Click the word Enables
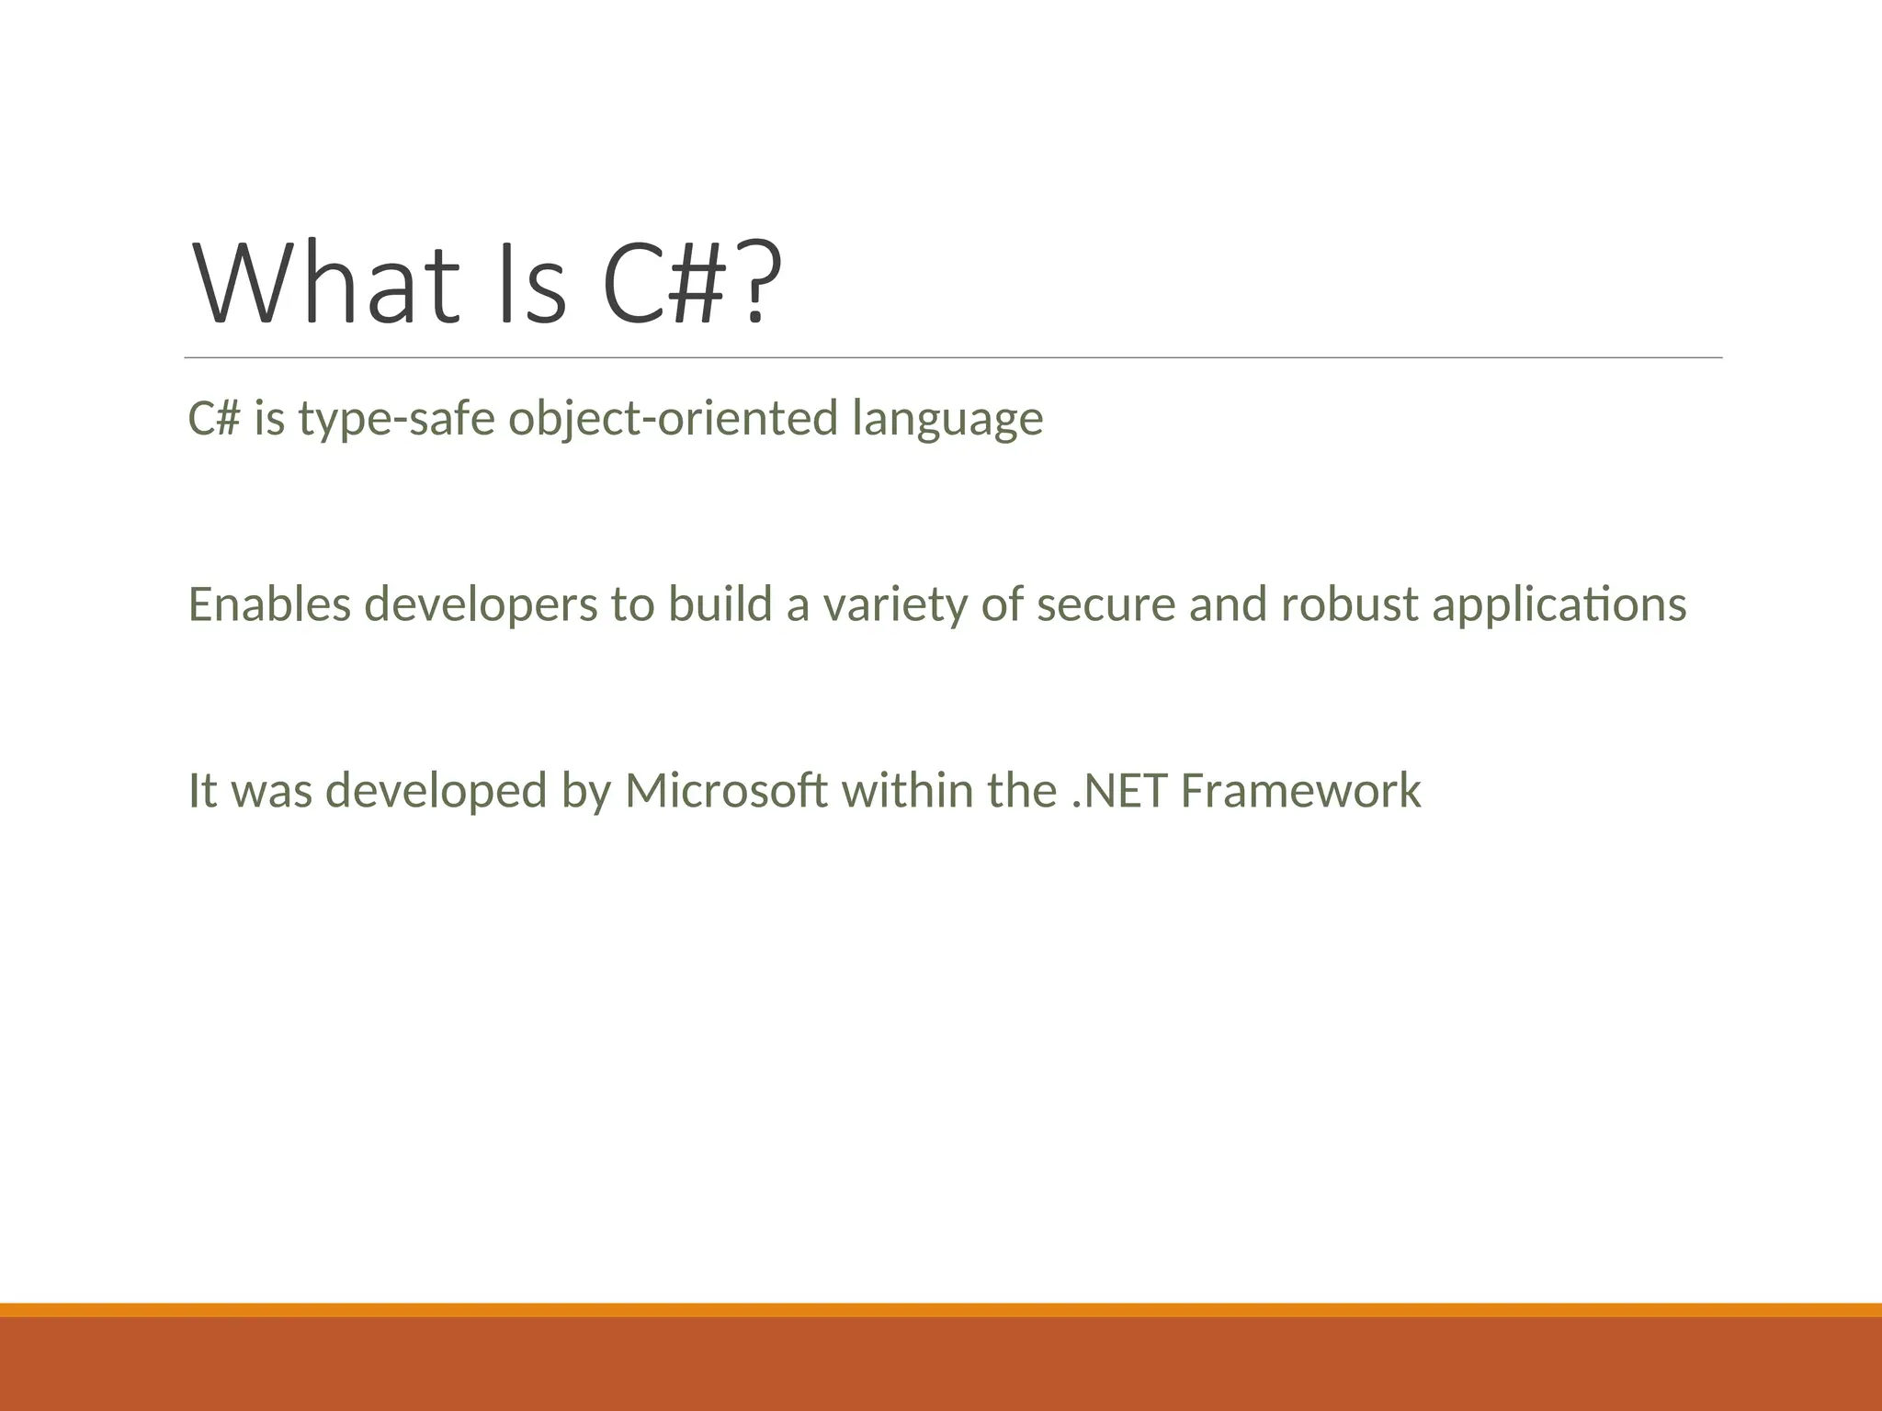(x=269, y=604)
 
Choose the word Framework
(x=1300, y=791)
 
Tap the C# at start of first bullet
(x=214, y=419)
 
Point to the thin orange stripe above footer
(x=941, y=1310)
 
